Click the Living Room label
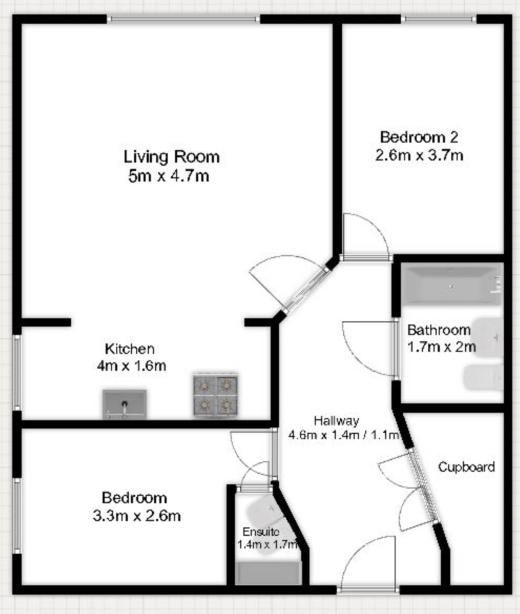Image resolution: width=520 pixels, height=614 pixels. tap(171, 157)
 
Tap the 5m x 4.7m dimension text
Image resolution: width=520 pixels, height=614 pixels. tap(169, 176)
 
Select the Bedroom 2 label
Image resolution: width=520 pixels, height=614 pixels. tap(419, 137)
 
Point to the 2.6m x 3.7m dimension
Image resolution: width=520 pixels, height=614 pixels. tap(419, 156)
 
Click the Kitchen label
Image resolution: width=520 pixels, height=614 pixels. tap(130, 349)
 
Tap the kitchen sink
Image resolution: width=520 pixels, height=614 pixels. tap(124, 404)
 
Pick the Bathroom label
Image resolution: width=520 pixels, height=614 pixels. tap(439, 330)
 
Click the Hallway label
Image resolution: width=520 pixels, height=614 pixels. tap(336, 421)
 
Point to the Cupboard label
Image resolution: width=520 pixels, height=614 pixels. tap(466, 467)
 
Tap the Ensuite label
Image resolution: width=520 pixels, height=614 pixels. tap(261, 532)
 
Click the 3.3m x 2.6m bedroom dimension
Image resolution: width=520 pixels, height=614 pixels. tap(136, 516)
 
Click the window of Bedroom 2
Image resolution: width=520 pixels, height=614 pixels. tap(439, 20)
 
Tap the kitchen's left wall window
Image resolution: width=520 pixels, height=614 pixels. tap(17, 373)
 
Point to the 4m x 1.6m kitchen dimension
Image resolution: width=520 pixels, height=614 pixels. tap(131, 366)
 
